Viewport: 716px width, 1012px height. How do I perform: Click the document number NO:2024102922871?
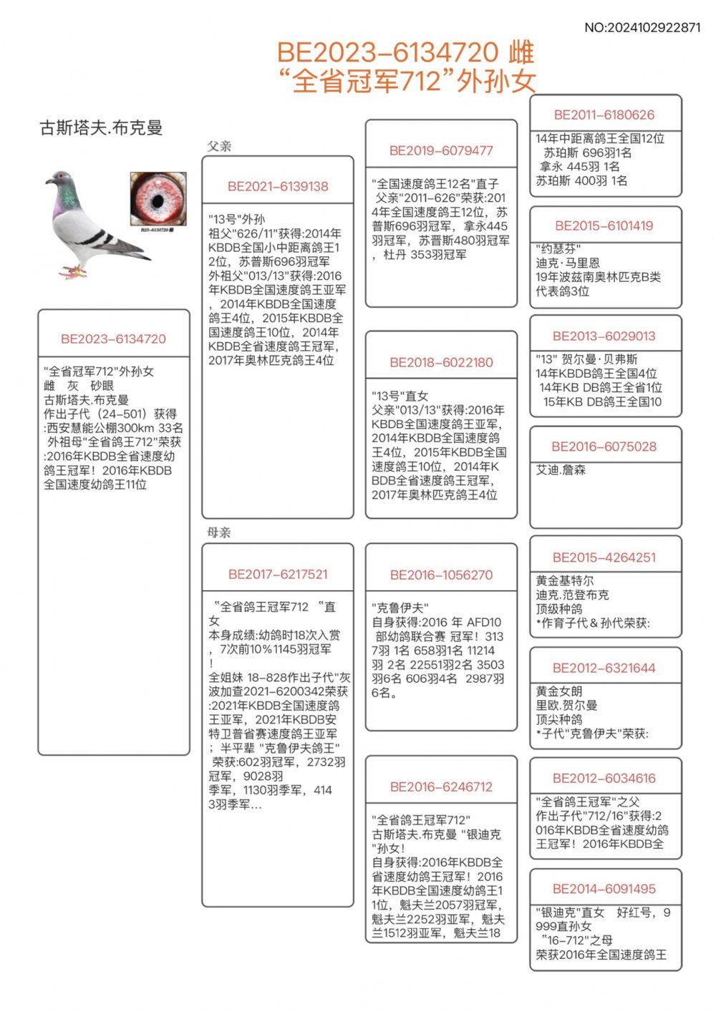coord(642,28)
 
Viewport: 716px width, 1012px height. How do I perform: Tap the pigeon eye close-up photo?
coord(158,199)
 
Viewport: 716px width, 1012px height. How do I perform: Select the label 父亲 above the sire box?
coord(219,146)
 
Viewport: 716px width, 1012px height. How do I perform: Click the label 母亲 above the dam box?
coord(219,532)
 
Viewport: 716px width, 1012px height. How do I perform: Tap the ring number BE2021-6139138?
coord(278,186)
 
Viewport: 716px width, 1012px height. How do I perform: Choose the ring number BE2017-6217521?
coord(278,574)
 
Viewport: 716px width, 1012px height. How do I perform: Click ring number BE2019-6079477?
coord(441,150)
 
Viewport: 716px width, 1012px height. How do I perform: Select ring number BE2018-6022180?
coord(441,362)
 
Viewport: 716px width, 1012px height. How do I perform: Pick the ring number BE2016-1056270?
coord(441,575)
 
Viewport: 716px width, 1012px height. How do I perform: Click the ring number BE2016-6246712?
coord(441,787)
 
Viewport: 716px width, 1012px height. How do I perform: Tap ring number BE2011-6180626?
coord(604,115)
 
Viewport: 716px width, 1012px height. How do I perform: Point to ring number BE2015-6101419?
coord(604,225)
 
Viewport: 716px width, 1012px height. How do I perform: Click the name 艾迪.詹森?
coord(561,470)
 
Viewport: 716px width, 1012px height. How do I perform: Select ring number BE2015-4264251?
coord(604,558)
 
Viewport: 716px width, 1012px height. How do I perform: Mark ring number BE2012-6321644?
coord(604,668)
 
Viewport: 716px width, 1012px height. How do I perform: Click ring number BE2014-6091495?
coord(604,889)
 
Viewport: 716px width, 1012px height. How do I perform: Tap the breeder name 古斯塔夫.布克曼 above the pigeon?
coord(101,128)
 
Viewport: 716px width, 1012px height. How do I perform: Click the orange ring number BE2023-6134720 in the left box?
coord(113,339)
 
